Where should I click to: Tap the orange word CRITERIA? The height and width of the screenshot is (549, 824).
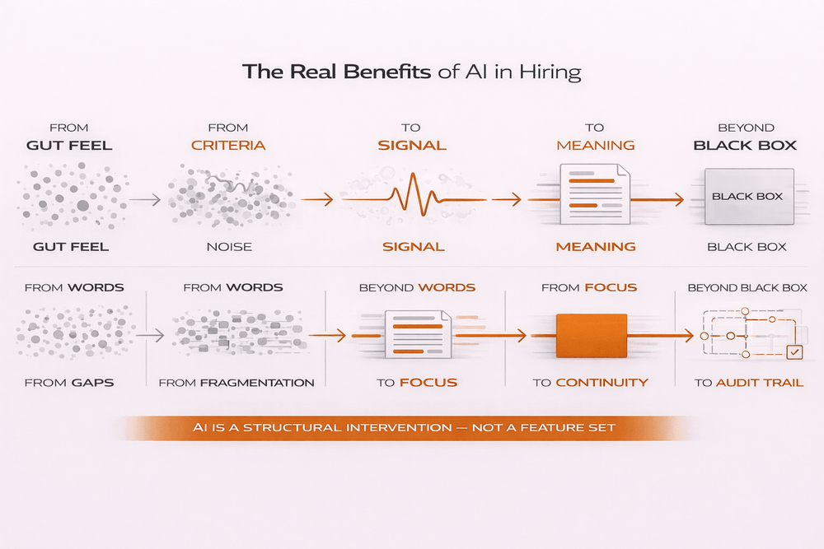(228, 146)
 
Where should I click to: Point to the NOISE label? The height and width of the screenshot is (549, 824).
(228, 246)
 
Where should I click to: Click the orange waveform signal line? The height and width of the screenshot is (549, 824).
(411, 198)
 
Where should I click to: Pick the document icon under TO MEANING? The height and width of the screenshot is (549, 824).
(594, 194)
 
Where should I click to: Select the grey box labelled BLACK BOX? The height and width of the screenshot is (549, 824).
(747, 197)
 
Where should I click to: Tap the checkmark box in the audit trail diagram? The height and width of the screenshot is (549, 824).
(794, 352)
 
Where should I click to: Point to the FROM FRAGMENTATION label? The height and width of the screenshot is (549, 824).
(236, 383)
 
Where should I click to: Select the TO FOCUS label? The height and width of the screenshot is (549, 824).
(417, 383)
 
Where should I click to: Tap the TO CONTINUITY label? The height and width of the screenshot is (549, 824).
(590, 383)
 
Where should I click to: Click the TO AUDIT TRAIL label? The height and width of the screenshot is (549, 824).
(748, 383)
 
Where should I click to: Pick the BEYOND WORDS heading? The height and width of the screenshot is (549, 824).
(417, 288)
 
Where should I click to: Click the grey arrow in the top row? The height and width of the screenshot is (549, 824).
(144, 199)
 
